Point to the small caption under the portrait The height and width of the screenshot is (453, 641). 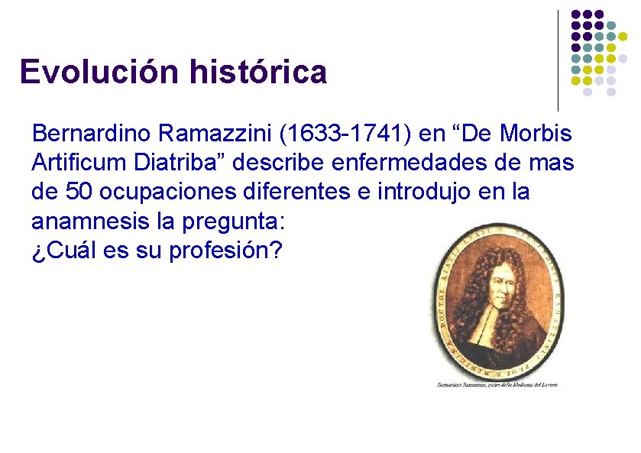497,384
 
